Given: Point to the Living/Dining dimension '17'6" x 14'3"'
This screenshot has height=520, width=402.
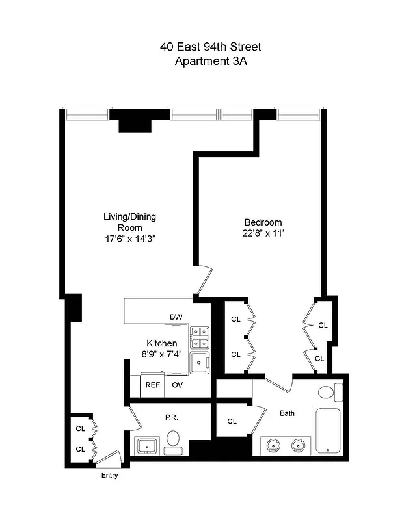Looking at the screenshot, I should [x=129, y=239].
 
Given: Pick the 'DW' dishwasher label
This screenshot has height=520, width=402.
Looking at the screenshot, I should [x=175, y=317].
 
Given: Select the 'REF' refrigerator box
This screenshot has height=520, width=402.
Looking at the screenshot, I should [x=152, y=385].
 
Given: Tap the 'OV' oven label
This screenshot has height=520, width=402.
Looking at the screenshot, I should [x=177, y=385].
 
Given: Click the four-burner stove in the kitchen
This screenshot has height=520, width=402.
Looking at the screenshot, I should [x=200, y=337].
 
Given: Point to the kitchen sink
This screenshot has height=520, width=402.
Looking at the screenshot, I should [x=199, y=363].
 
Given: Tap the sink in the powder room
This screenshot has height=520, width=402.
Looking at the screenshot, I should [x=146, y=447].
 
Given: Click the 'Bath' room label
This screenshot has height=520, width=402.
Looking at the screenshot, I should [x=287, y=413].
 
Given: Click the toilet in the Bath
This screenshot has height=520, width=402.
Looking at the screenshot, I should [x=328, y=392].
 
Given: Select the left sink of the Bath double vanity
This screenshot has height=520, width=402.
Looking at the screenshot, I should [x=274, y=446].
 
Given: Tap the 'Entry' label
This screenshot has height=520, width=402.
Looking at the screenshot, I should [x=109, y=475].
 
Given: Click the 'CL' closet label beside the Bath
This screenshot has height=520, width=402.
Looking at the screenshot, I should [x=232, y=421].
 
